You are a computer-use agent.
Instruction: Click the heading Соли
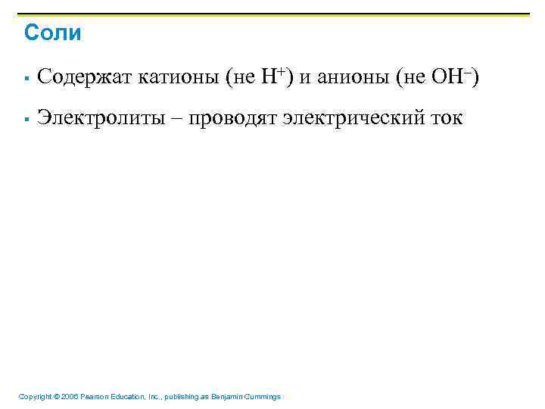point(52,33)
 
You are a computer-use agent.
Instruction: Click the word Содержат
point(85,77)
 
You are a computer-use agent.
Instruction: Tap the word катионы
point(175,77)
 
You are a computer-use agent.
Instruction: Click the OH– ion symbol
point(451,76)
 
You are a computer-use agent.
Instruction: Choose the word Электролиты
point(98,119)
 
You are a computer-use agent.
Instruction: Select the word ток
point(443,119)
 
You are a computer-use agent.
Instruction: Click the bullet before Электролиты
point(26,120)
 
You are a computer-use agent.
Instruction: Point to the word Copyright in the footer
point(35,397)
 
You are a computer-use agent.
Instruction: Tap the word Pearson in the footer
point(94,397)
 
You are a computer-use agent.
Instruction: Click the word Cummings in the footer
point(264,397)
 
